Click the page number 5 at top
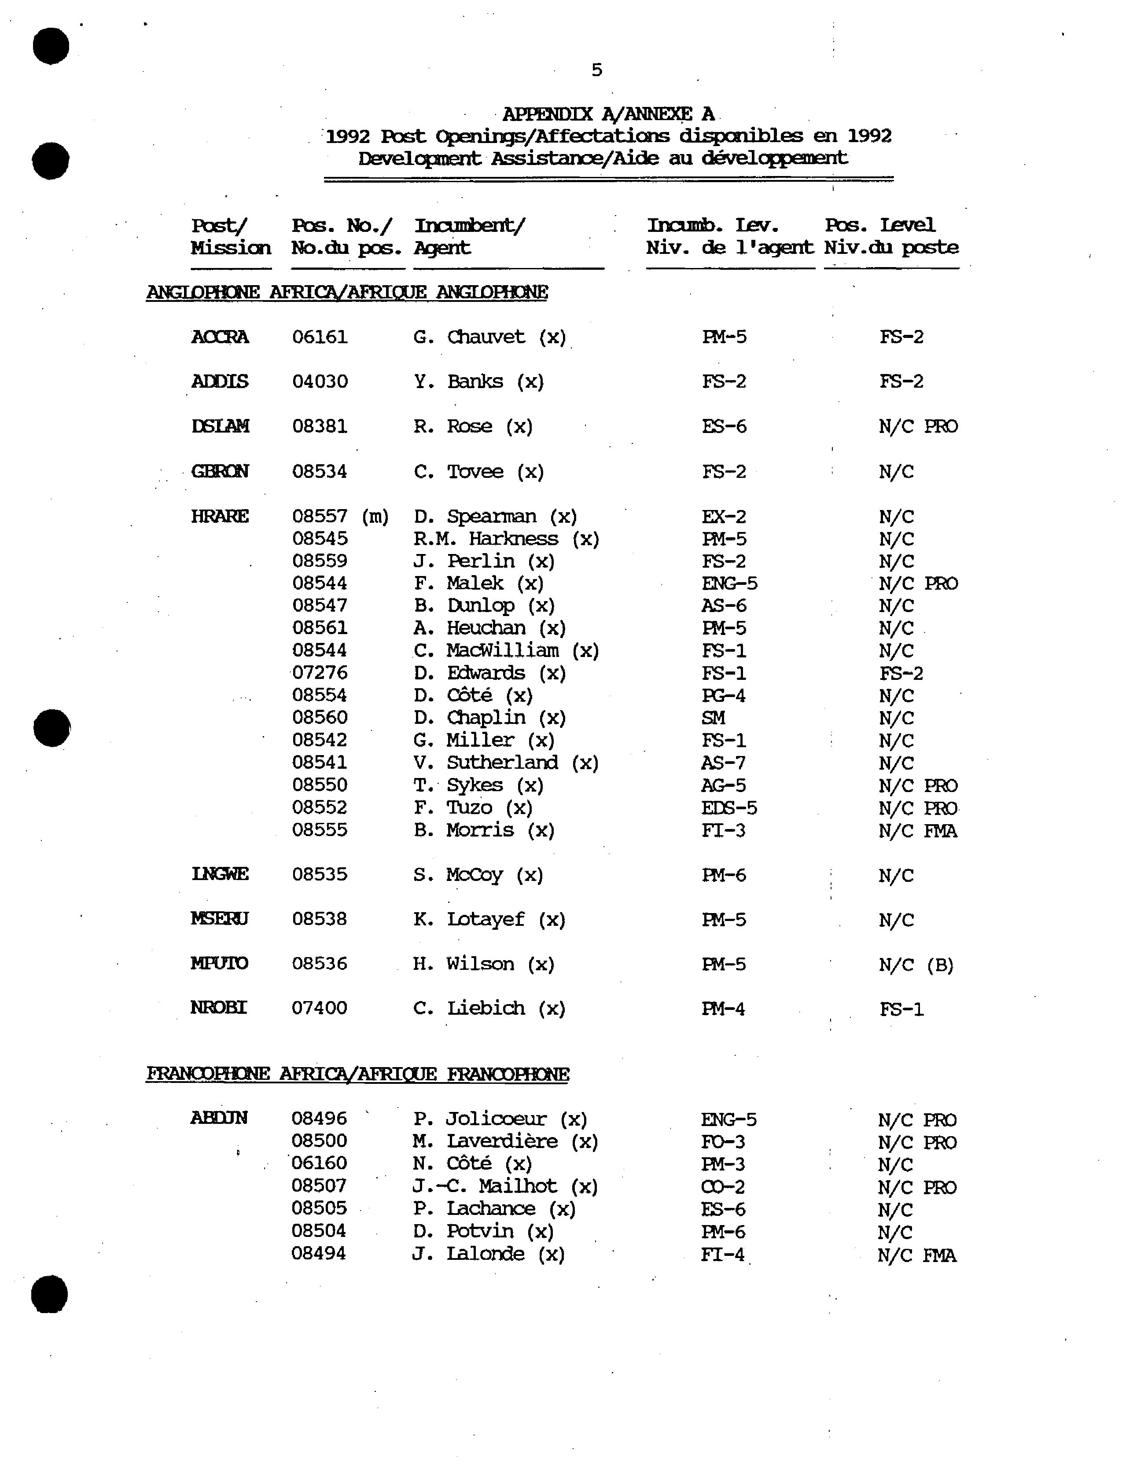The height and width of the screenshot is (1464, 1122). (596, 70)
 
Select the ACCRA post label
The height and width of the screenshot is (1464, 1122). (220, 337)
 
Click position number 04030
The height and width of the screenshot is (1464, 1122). (320, 382)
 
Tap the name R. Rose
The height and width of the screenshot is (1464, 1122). (473, 426)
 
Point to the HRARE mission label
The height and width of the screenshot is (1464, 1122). (220, 517)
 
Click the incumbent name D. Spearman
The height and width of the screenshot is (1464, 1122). (495, 517)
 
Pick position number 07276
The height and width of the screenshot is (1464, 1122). (320, 673)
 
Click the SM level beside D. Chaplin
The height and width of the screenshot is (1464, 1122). (713, 718)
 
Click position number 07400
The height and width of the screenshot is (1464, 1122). (319, 1008)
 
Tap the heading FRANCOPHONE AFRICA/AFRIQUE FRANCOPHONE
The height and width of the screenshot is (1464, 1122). (357, 1074)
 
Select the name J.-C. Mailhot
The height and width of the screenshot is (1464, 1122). (505, 1186)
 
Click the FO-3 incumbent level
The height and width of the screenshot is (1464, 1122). (723, 1141)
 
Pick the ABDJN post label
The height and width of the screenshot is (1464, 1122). (219, 1118)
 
